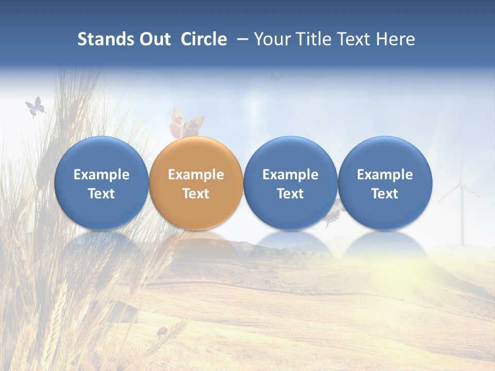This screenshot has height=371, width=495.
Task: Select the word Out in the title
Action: tap(154, 39)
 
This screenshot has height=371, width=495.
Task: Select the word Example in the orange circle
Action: tap(196, 175)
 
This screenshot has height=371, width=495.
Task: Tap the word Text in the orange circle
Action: tap(196, 194)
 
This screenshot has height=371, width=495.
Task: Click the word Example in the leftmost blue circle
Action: tap(101, 175)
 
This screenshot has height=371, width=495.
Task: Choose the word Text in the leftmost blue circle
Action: tap(101, 194)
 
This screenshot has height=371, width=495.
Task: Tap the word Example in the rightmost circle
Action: tap(385, 175)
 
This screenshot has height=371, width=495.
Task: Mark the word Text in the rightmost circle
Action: tap(385, 194)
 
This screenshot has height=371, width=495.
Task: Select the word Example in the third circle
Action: tap(290, 175)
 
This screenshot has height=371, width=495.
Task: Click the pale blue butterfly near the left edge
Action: tap(35, 107)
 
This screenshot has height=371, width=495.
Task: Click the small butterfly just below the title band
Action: tap(276, 78)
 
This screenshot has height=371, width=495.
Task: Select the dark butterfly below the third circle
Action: tap(333, 214)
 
